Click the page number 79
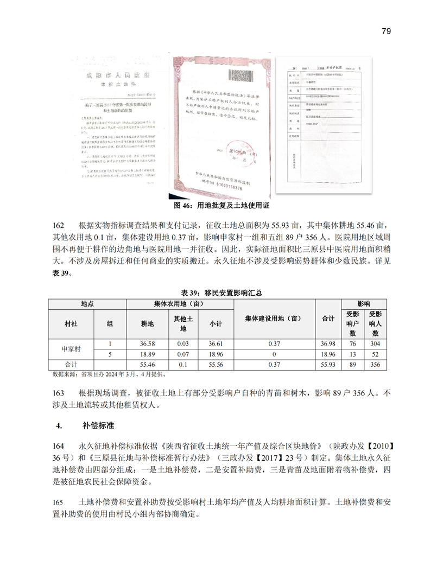pyautogui.click(x=386, y=30)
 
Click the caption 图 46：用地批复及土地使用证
pyautogui.click(x=221, y=206)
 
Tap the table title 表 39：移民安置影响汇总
pyautogui.click(x=221, y=292)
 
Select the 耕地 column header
pyautogui.click(x=147, y=323)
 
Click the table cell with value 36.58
pyautogui.click(x=147, y=344)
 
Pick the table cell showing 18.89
pyautogui.click(x=147, y=354)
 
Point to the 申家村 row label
pyautogui.click(x=71, y=349)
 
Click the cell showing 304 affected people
pyautogui.click(x=375, y=344)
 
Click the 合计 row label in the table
pyautogui.click(x=71, y=364)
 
